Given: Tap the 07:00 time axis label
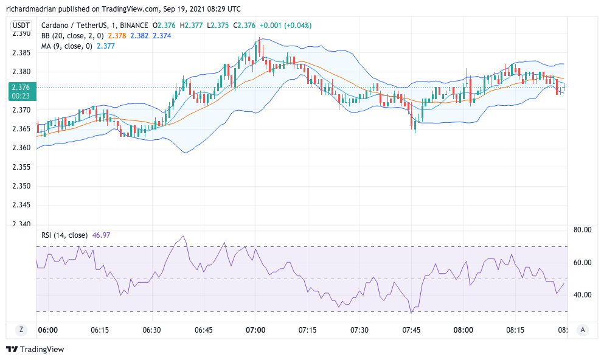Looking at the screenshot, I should (x=255, y=330).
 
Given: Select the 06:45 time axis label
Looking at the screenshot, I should (x=203, y=330).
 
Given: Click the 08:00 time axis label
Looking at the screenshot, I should (x=463, y=330).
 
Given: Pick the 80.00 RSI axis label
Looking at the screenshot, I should (x=583, y=230).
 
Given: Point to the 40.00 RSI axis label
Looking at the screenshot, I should (x=583, y=295).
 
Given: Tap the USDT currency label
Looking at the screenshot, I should (x=21, y=26).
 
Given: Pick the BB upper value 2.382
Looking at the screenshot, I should (x=139, y=35).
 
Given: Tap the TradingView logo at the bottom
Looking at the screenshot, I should (x=35, y=349).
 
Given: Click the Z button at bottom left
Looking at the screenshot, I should (x=21, y=330).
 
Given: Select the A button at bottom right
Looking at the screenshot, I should (x=583, y=330).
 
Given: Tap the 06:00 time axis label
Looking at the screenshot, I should (x=47, y=330).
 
